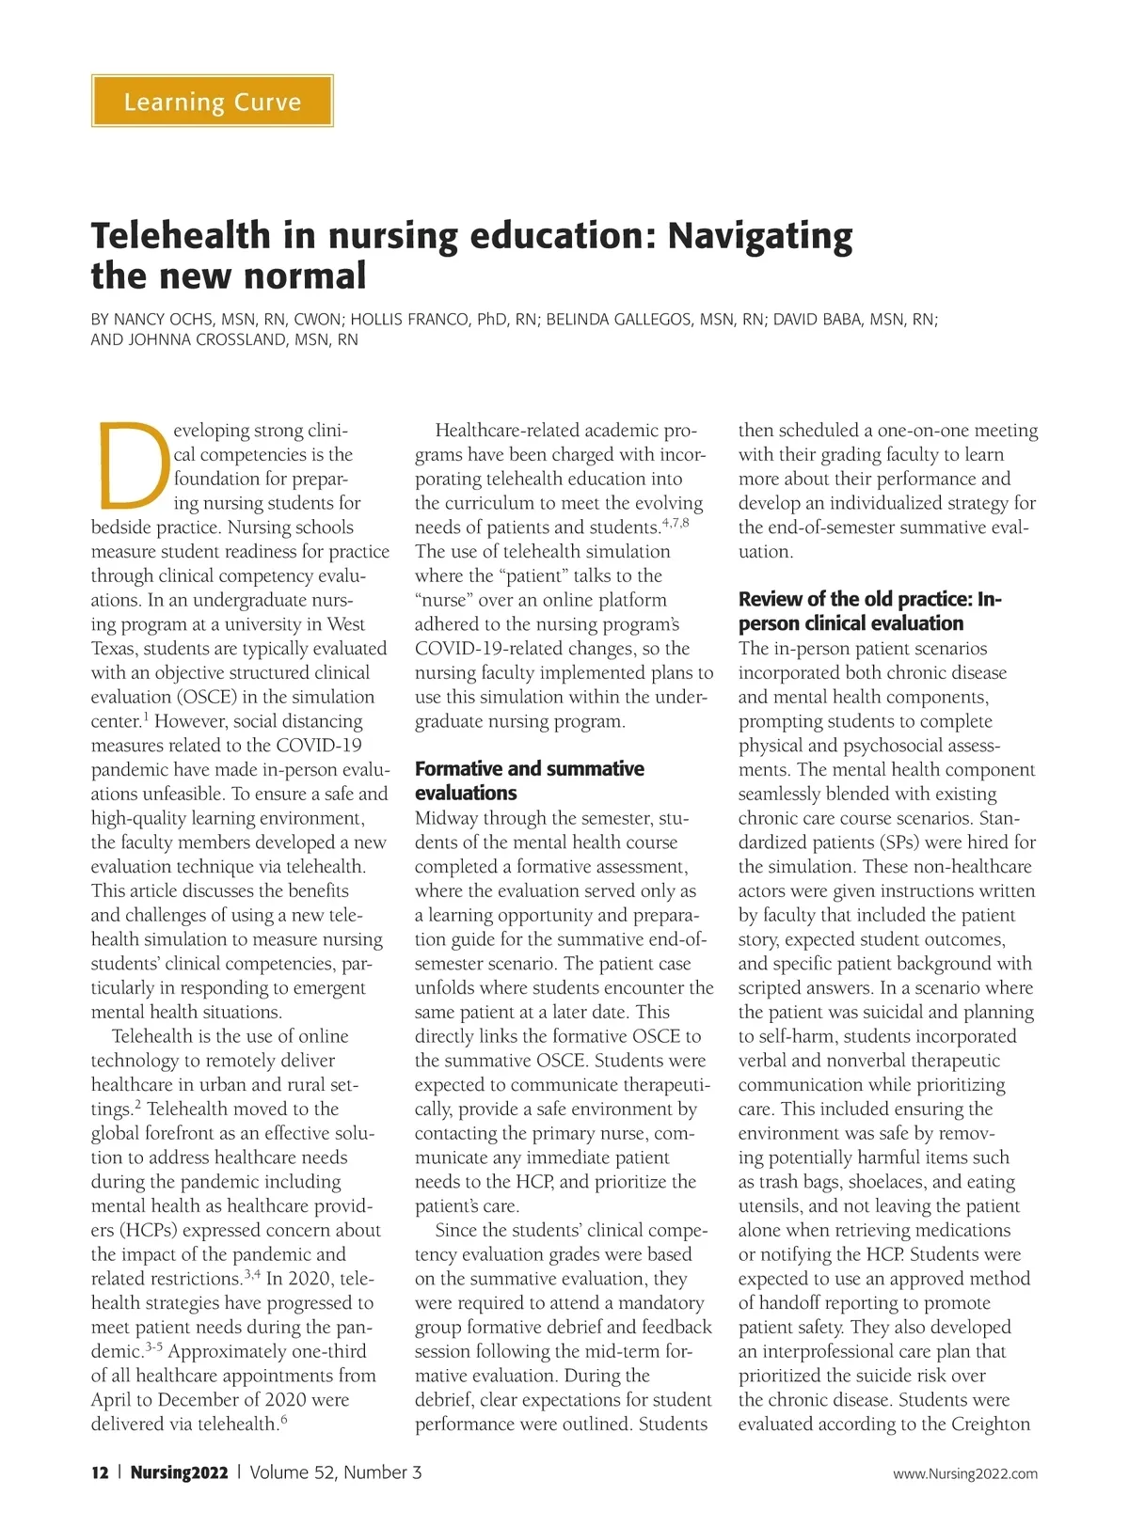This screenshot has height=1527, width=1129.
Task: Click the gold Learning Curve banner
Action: (213, 101)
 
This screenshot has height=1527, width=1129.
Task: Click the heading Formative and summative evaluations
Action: (529, 780)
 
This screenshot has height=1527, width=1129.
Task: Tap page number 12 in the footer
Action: (100, 1472)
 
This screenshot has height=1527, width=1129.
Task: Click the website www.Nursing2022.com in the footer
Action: (965, 1473)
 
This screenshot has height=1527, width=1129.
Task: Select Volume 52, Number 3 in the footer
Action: (336, 1472)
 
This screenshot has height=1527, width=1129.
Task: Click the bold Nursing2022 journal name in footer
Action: (179, 1472)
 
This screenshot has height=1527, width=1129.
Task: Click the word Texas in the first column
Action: (113, 649)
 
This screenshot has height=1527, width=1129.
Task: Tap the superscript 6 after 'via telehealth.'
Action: (284, 1420)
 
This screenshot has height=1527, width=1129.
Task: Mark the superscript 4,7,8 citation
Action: (676, 523)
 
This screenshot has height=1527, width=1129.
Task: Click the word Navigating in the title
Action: (759, 236)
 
